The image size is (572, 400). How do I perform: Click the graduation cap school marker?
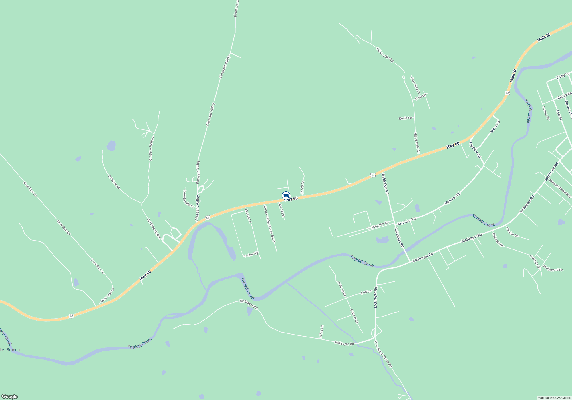click(286, 196)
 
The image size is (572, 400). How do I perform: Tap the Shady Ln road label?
click(302, 187)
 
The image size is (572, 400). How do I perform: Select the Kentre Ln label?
click(248, 216)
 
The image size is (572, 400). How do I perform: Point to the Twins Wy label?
click(251, 255)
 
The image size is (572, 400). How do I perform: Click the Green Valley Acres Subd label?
click(269, 224)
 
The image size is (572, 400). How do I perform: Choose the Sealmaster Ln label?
click(378, 225)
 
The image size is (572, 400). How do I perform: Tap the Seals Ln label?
click(405, 118)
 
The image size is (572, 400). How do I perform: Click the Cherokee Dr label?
click(415, 85)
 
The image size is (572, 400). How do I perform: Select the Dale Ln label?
click(420, 97)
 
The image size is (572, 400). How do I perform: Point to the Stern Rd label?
click(495, 127)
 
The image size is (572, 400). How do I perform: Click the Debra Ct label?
click(321, 332)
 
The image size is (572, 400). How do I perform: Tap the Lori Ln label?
click(366, 292)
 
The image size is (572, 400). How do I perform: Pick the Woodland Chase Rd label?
click(383, 354)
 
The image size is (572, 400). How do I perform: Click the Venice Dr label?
click(512, 232)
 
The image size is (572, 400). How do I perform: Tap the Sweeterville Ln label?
click(188, 199)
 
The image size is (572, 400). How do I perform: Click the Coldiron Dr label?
click(114, 182)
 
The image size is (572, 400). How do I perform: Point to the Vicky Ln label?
click(563, 76)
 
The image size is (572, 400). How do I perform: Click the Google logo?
click(9, 396)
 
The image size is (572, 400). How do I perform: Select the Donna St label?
click(545, 113)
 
